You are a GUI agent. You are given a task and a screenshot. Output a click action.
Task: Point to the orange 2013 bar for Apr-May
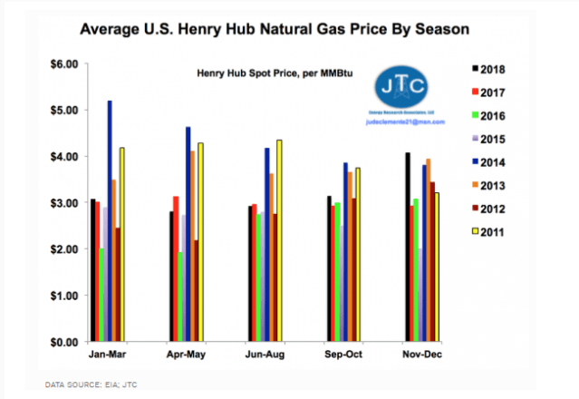pyautogui.click(x=192, y=246)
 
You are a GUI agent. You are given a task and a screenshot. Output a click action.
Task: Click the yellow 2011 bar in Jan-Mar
pyautogui.click(x=121, y=244)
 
